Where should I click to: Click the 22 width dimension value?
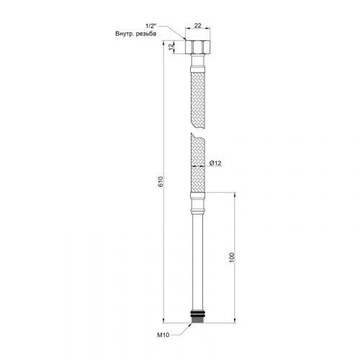(x=197, y=25)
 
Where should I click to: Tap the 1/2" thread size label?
(x=151, y=26)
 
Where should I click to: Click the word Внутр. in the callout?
(x=125, y=34)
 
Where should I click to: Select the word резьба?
(x=146, y=34)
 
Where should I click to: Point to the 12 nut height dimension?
(x=171, y=47)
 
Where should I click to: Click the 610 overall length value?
(x=161, y=181)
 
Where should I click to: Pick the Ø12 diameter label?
(x=215, y=163)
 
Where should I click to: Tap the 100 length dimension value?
(x=232, y=258)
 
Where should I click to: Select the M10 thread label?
(x=163, y=335)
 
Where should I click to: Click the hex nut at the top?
(x=198, y=47)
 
